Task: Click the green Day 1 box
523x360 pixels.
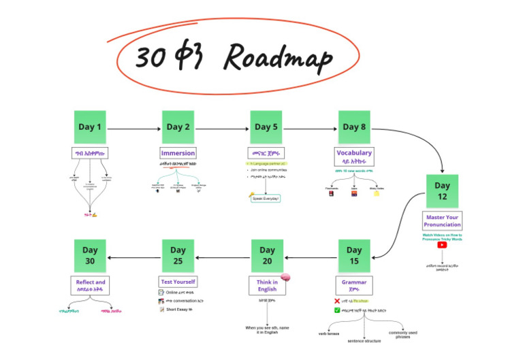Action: [x=90, y=127]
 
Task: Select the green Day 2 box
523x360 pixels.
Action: [x=178, y=127]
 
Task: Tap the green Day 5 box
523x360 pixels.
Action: [x=266, y=127]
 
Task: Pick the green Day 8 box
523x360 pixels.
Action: [x=354, y=127]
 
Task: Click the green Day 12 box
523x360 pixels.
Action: [x=442, y=191]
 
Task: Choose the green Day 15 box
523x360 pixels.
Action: [x=354, y=256]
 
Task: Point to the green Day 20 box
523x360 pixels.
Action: [x=267, y=256]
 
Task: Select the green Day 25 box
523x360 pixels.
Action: [x=178, y=256]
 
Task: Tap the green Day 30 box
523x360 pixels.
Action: [x=90, y=256]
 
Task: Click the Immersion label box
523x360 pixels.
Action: [x=178, y=153]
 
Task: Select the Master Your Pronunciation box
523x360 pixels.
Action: [x=442, y=221]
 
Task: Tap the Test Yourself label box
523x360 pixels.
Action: [x=178, y=281]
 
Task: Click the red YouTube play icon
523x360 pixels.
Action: [x=442, y=245]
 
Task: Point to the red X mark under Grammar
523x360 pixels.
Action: [x=337, y=299]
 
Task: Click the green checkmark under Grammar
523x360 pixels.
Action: [x=337, y=310]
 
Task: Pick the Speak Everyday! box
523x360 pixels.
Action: [x=266, y=198]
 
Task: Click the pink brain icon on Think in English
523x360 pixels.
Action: [x=287, y=276]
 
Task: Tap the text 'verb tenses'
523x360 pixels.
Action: [x=329, y=333]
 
